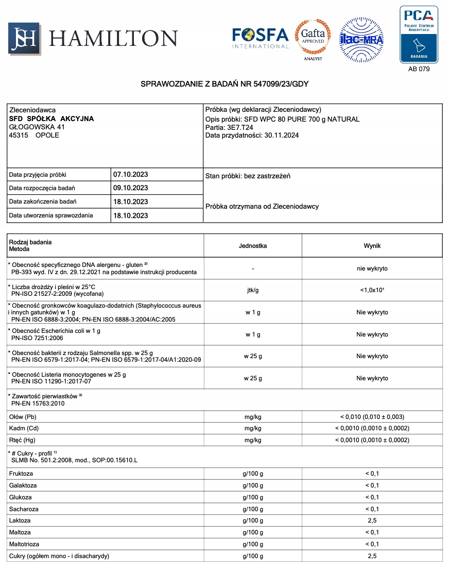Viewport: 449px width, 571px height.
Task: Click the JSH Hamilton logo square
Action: [24, 39]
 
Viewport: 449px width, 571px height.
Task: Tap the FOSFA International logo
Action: [260, 38]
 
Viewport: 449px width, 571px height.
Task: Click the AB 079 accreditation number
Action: [419, 69]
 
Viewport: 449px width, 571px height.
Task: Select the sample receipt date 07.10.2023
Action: [130, 175]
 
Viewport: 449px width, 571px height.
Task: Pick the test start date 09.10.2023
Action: [130, 188]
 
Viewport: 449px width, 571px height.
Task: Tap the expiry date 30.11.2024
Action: [281, 136]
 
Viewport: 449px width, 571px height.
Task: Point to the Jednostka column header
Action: [253, 246]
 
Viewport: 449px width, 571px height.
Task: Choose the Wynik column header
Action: [372, 246]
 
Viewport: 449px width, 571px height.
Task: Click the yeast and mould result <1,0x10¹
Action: [372, 290]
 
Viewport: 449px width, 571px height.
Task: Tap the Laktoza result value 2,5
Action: [372, 520]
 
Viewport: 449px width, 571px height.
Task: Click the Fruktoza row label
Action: [21, 474]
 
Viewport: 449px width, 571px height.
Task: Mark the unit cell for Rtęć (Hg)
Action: [253, 440]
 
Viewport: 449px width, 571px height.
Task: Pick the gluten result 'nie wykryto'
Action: [372, 268]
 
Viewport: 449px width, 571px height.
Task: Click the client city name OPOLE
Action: [47, 136]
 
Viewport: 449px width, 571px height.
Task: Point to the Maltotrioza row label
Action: [24, 544]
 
